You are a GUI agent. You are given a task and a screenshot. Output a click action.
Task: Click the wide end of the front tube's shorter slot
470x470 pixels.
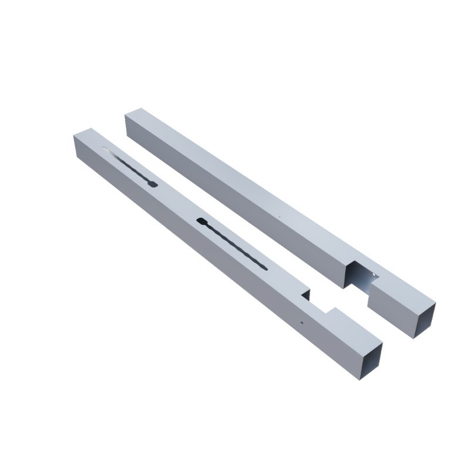[x=153, y=184]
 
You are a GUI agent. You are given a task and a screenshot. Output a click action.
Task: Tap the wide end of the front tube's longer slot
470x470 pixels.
[x=201, y=221]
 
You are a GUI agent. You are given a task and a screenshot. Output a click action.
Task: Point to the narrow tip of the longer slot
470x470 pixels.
[x=266, y=268]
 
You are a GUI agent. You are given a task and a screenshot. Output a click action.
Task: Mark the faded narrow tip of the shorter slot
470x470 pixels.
[x=106, y=149]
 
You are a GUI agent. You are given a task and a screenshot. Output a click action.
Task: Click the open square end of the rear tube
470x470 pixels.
[x=424, y=320]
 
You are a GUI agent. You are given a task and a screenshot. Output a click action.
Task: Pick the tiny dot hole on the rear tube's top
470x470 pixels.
[x=280, y=218]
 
